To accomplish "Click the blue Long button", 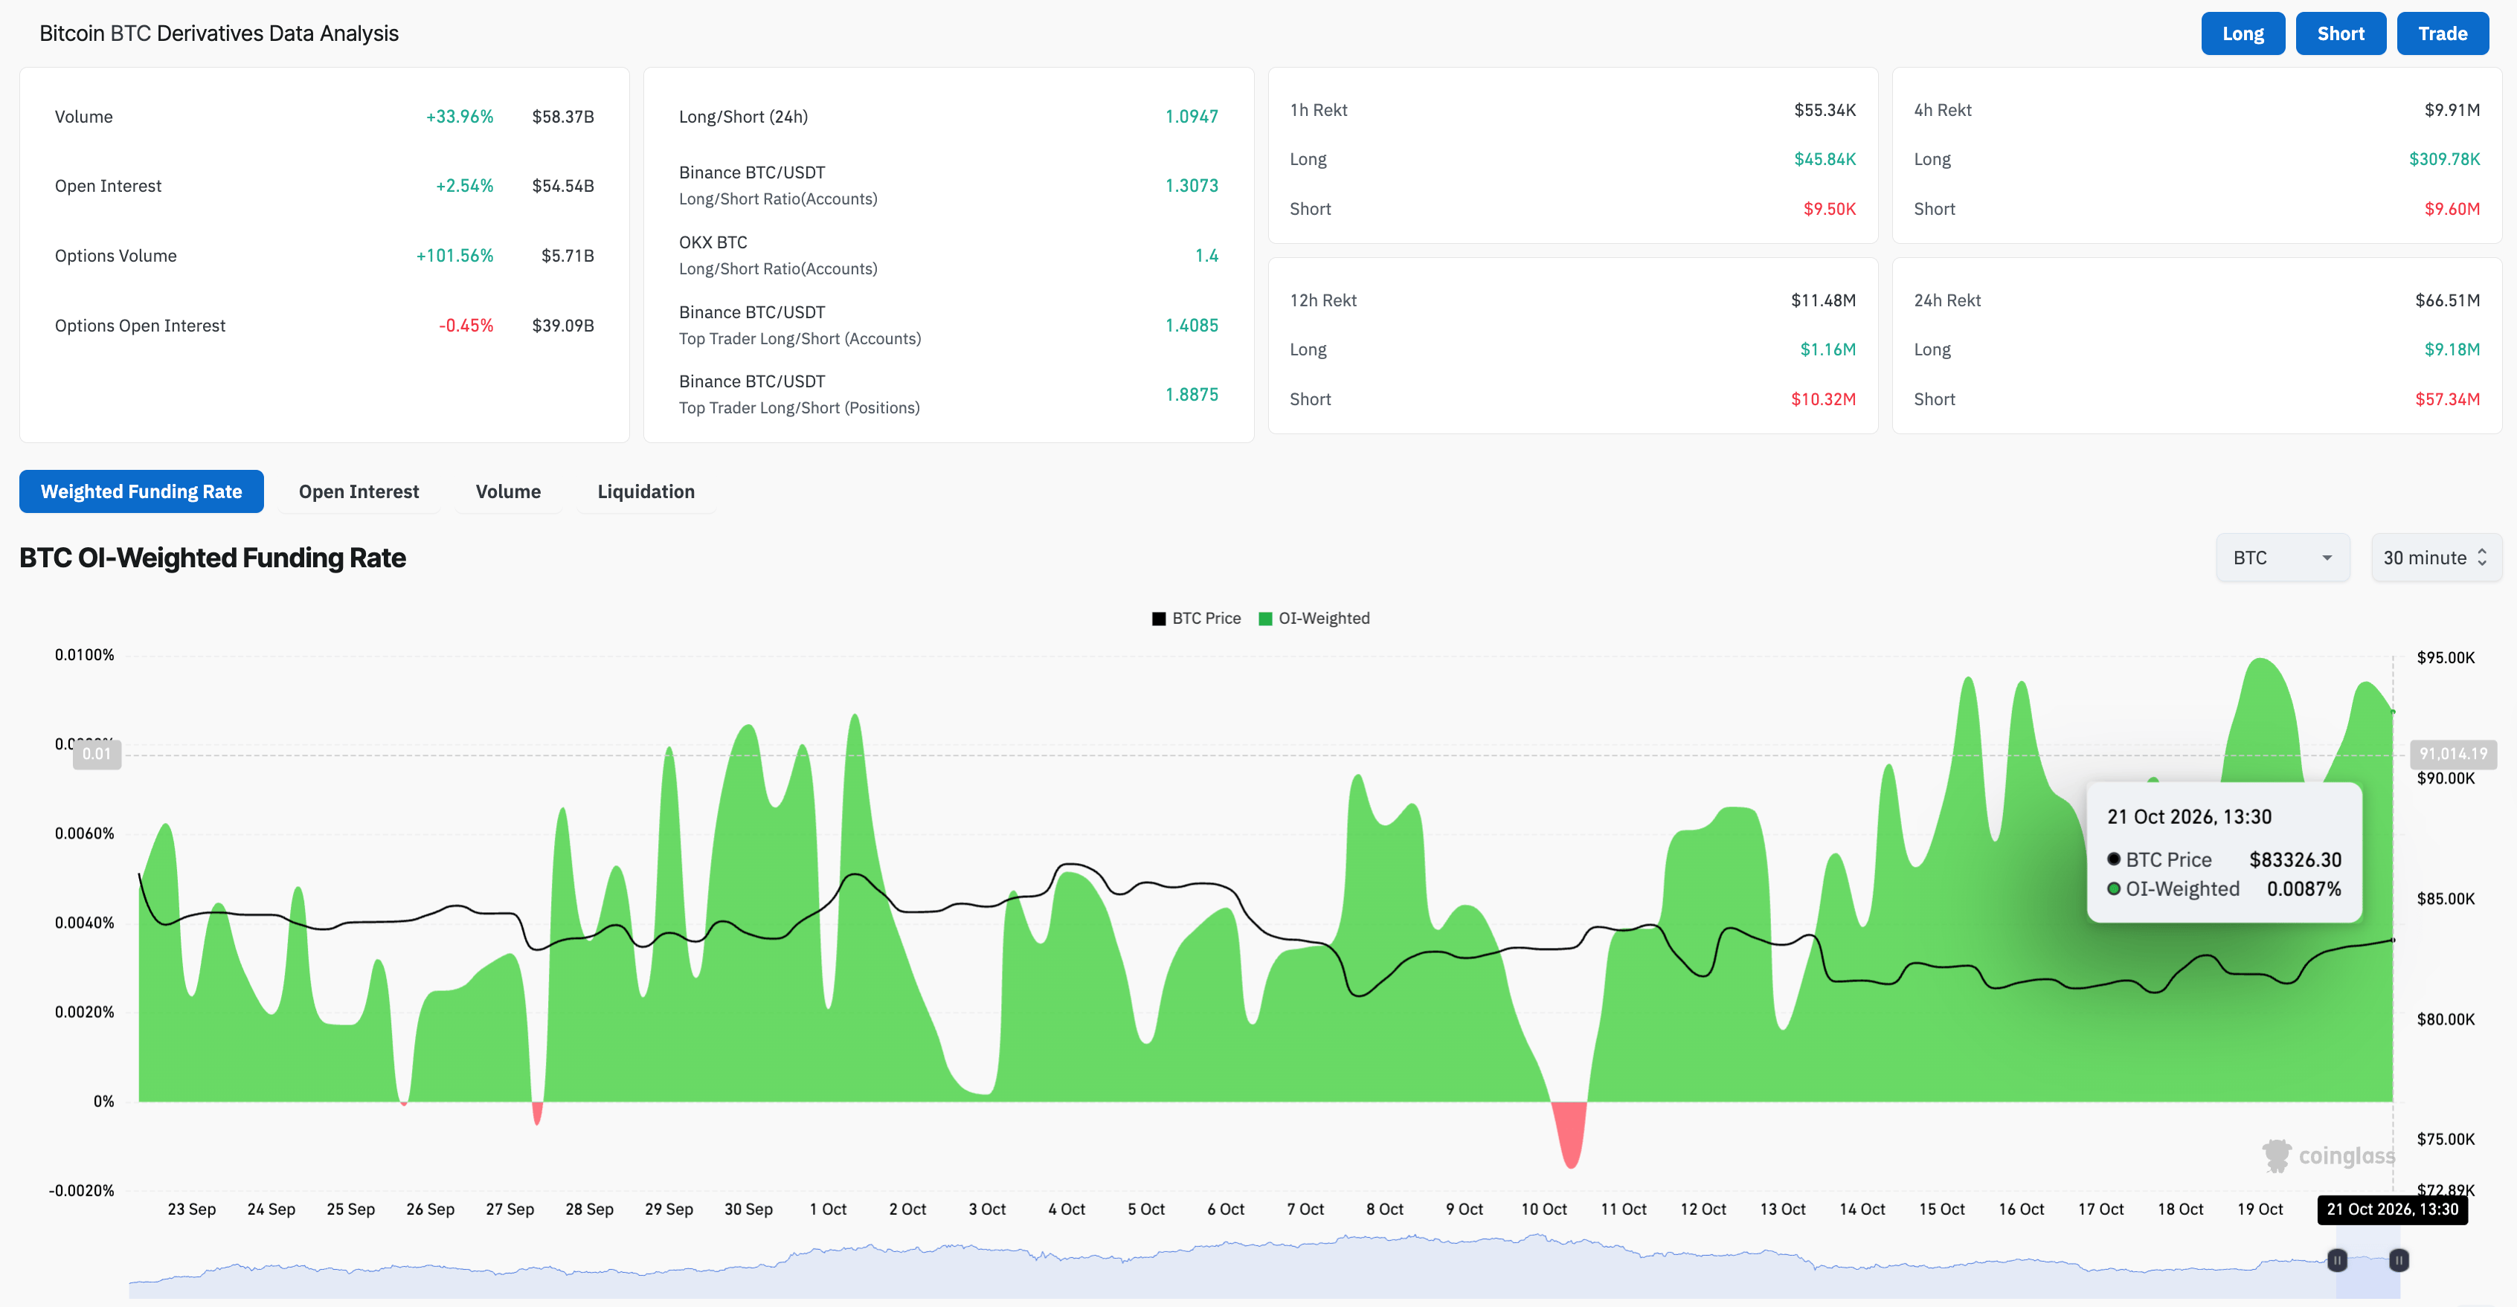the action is tap(2243, 33).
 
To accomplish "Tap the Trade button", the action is tap(2443, 33).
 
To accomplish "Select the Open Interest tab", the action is tap(359, 491).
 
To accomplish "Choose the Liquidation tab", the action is tap(646, 491).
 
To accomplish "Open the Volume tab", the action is tap(508, 491).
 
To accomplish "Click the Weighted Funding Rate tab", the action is tap(141, 491).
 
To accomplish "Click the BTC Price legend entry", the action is tap(1197, 619).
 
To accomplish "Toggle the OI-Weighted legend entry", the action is tap(1314, 619).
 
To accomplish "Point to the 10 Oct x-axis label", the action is tap(1544, 1210).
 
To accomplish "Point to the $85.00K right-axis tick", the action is tap(2446, 899).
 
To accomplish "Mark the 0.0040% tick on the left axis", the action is tap(84, 923).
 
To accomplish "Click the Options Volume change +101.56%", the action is tap(454, 256).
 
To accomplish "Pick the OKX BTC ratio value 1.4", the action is tap(1206, 256).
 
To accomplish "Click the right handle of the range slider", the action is tap(2398, 1260).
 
